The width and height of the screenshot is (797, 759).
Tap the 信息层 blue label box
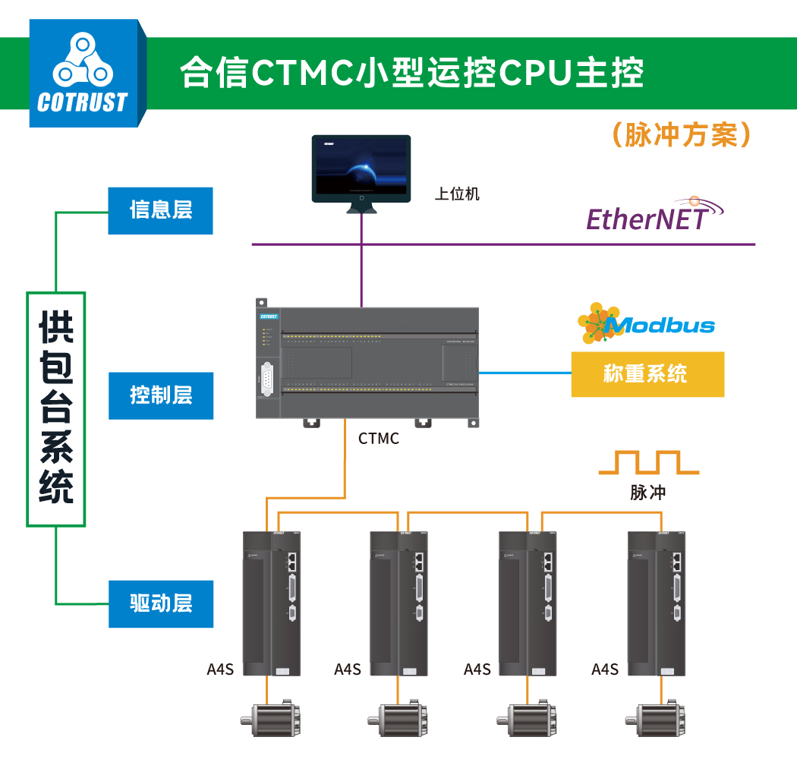pos(160,210)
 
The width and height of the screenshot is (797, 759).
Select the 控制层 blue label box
pos(160,395)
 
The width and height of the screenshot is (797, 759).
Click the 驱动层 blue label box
pos(160,604)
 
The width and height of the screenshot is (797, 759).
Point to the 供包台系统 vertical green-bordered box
pos(56,409)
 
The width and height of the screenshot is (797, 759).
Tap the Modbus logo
pos(647,325)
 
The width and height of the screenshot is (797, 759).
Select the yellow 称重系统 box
pos(647,374)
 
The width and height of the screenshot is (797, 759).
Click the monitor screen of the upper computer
pos(361,167)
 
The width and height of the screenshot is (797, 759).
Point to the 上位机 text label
pos(457,194)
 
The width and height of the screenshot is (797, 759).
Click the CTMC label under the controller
pos(378,439)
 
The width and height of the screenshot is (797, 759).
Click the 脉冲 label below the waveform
pos(647,493)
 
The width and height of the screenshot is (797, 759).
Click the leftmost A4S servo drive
pos(272,603)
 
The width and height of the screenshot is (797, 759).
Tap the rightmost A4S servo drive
pos(658,603)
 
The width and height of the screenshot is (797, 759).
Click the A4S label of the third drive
pos(477,669)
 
